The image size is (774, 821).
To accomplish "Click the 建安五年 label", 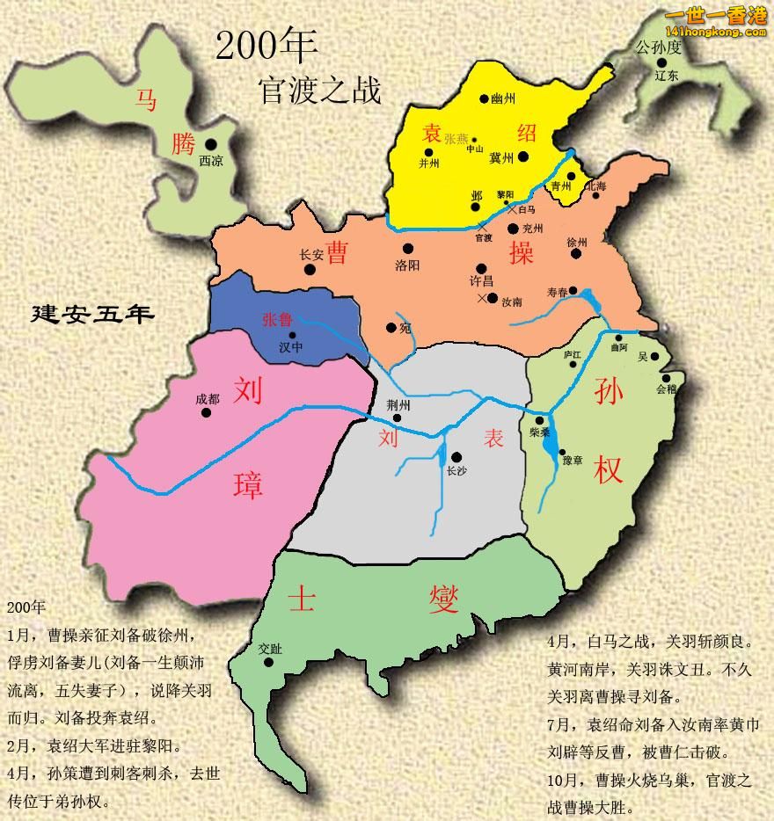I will [x=92, y=314].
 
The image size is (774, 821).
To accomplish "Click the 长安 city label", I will [x=312, y=255].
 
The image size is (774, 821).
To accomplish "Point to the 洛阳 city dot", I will [x=408, y=249].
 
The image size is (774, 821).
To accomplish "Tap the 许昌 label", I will [x=481, y=282].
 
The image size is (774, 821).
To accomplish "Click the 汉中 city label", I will [x=292, y=347].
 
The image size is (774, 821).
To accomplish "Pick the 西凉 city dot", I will [x=210, y=145].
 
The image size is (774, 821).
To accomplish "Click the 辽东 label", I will [x=667, y=76].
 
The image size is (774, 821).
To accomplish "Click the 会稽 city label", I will [x=667, y=388].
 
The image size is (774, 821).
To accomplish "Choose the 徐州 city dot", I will [x=576, y=253].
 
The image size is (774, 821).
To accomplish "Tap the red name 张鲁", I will [x=277, y=321].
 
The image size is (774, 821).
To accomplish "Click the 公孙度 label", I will [x=659, y=48].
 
